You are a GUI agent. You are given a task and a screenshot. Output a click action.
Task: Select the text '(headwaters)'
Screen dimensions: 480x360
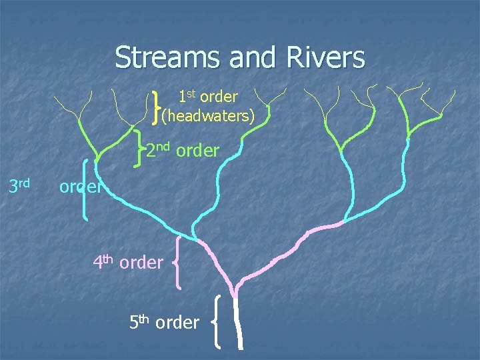tap(208, 116)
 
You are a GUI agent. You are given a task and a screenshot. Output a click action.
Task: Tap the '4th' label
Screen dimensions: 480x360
tap(105, 261)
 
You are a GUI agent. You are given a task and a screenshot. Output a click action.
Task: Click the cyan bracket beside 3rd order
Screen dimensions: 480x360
tap(85, 188)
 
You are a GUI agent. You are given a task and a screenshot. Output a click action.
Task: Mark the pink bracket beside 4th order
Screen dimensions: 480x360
tap(178, 265)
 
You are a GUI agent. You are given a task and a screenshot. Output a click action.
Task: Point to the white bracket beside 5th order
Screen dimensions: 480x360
tap(217, 322)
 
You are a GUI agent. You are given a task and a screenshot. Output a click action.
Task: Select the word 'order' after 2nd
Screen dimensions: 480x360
tap(197, 151)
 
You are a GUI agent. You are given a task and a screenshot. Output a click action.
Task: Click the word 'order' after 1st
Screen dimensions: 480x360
tap(219, 97)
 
